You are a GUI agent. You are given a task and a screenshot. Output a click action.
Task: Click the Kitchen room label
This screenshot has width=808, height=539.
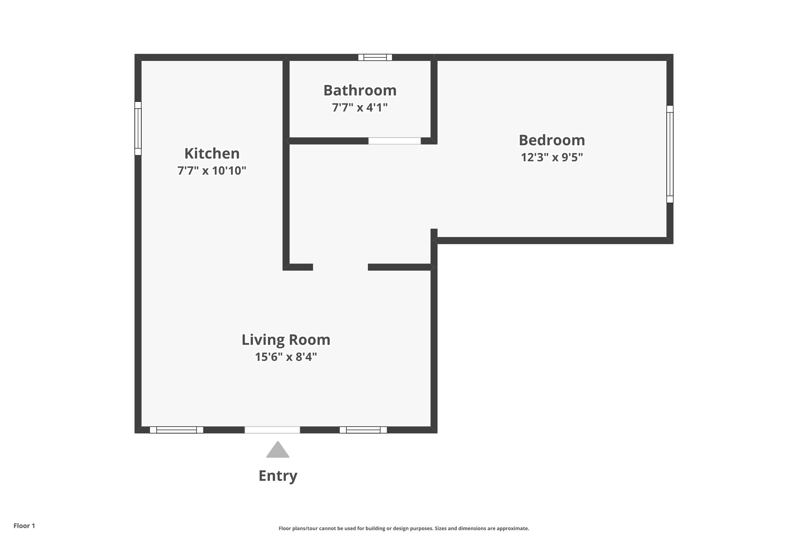coord(212,153)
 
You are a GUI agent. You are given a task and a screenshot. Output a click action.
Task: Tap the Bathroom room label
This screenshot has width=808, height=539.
coord(360,90)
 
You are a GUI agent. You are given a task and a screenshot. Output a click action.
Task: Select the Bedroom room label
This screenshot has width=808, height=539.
coord(552,140)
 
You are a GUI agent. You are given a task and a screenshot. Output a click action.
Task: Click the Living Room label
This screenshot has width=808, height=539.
coord(286,340)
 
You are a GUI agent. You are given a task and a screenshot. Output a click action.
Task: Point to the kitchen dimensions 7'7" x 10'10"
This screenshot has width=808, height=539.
coord(212,171)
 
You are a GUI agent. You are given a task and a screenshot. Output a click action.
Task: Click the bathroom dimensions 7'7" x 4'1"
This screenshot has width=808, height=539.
coord(360,107)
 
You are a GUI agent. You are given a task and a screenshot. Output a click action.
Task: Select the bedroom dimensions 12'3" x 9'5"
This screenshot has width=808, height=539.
coord(552,157)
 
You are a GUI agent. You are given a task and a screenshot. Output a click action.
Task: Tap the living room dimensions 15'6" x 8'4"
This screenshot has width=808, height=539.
coord(286,357)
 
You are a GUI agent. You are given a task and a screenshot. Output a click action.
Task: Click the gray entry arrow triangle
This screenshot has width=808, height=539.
coord(278,451)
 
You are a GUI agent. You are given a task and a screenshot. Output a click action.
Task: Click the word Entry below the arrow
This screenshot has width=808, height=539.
coord(278,475)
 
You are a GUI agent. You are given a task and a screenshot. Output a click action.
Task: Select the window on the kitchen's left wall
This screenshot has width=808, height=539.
coord(138,128)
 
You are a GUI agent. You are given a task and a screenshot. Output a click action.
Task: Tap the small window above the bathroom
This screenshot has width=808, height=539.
coord(375,57)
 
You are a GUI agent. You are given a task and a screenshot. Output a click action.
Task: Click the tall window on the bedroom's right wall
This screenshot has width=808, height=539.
coord(670,154)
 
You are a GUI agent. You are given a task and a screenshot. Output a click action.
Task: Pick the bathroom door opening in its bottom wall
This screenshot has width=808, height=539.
coord(394,141)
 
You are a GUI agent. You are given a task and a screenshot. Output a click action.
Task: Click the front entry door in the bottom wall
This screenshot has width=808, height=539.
coord(272,430)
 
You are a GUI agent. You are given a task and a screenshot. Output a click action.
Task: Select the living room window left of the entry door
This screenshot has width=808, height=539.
coord(176,430)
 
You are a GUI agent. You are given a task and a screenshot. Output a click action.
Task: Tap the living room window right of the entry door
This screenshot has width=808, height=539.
coord(363,430)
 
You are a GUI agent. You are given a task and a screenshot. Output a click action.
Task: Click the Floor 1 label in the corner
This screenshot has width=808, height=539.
coord(24,526)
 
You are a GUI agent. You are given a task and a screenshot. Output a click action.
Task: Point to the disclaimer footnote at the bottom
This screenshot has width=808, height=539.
coord(404,528)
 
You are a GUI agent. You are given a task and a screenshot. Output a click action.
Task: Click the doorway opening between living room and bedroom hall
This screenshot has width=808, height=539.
coord(340,267)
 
